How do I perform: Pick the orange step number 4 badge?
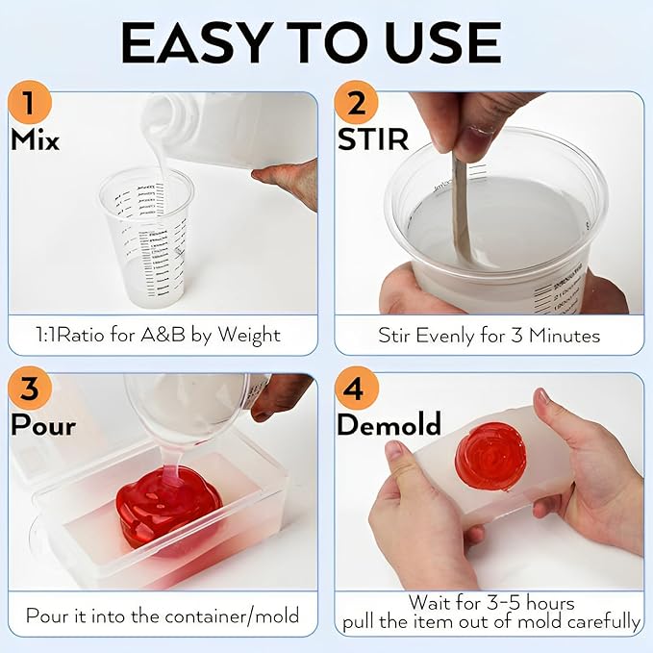coord(357,389)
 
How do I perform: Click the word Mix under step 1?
coord(35,140)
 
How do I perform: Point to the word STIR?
coord(373,140)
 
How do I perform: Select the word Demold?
coord(389,424)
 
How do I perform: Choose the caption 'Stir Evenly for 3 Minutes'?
coord(489,336)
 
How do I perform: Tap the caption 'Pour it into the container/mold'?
coord(162,615)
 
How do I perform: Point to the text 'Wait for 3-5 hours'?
coord(490,603)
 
